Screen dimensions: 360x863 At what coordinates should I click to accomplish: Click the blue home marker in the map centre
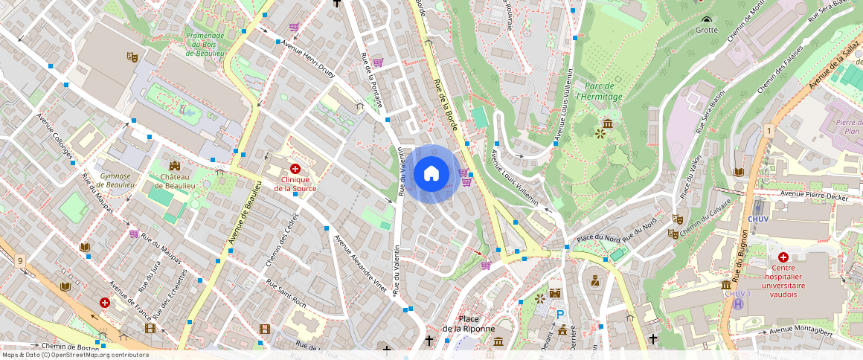[x=431, y=174]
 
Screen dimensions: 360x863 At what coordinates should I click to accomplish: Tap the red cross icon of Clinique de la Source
[x=295, y=170]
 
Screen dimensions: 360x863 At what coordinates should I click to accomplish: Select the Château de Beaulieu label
[x=175, y=181]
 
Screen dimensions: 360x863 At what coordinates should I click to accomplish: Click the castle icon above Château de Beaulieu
[x=175, y=165]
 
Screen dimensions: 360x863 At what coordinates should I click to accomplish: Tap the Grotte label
[x=706, y=30]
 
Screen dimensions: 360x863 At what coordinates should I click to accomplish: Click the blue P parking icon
[x=560, y=315]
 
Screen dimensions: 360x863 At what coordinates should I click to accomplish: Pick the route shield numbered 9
[x=19, y=260]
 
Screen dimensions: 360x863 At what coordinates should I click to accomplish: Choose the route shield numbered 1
[x=767, y=131]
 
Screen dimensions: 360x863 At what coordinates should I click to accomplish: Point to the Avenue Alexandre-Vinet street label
[x=360, y=265]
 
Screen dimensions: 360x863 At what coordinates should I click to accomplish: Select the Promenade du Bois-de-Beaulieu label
[x=205, y=45]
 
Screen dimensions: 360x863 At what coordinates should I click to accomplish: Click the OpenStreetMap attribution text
[x=75, y=355]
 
